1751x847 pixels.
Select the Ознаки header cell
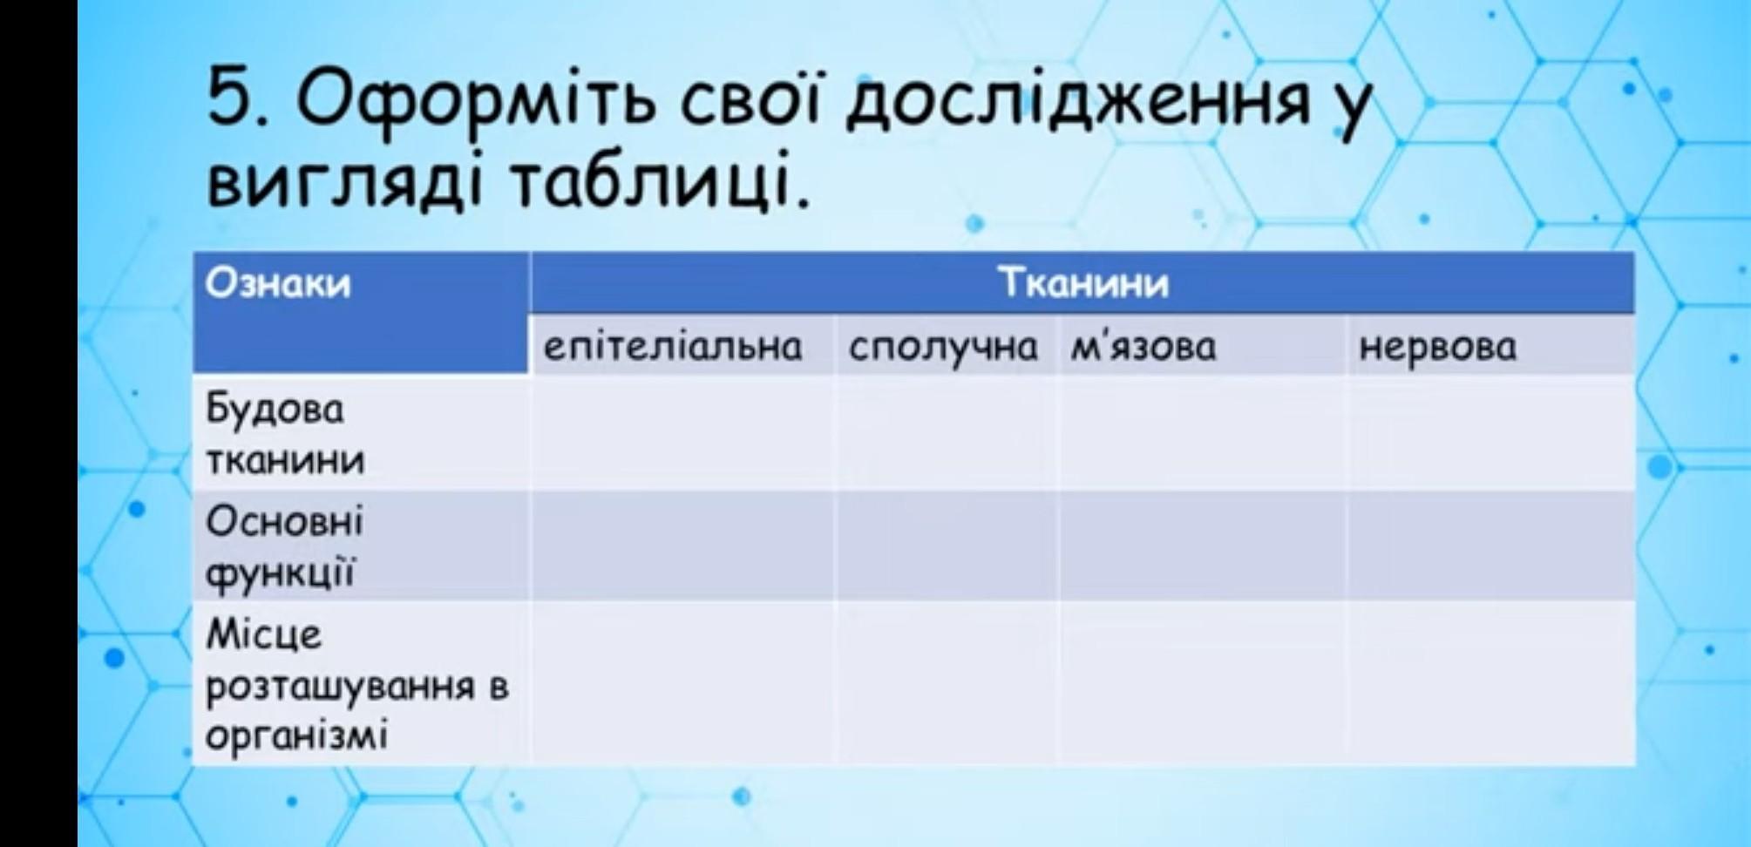[361, 313]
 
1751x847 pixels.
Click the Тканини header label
[1082, 282]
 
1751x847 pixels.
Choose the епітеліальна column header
[672, 347]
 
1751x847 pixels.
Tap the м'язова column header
[1142, 347]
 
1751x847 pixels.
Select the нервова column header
[1437, 347]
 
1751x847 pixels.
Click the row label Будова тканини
[285, 434]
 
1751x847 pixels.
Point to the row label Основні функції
[284, 547]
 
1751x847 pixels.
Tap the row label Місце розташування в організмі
[356, 685]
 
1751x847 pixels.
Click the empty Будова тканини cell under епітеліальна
[682, 433]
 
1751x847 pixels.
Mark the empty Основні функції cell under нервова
[1490, 545]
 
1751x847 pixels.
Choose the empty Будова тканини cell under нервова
[1490, 433]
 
